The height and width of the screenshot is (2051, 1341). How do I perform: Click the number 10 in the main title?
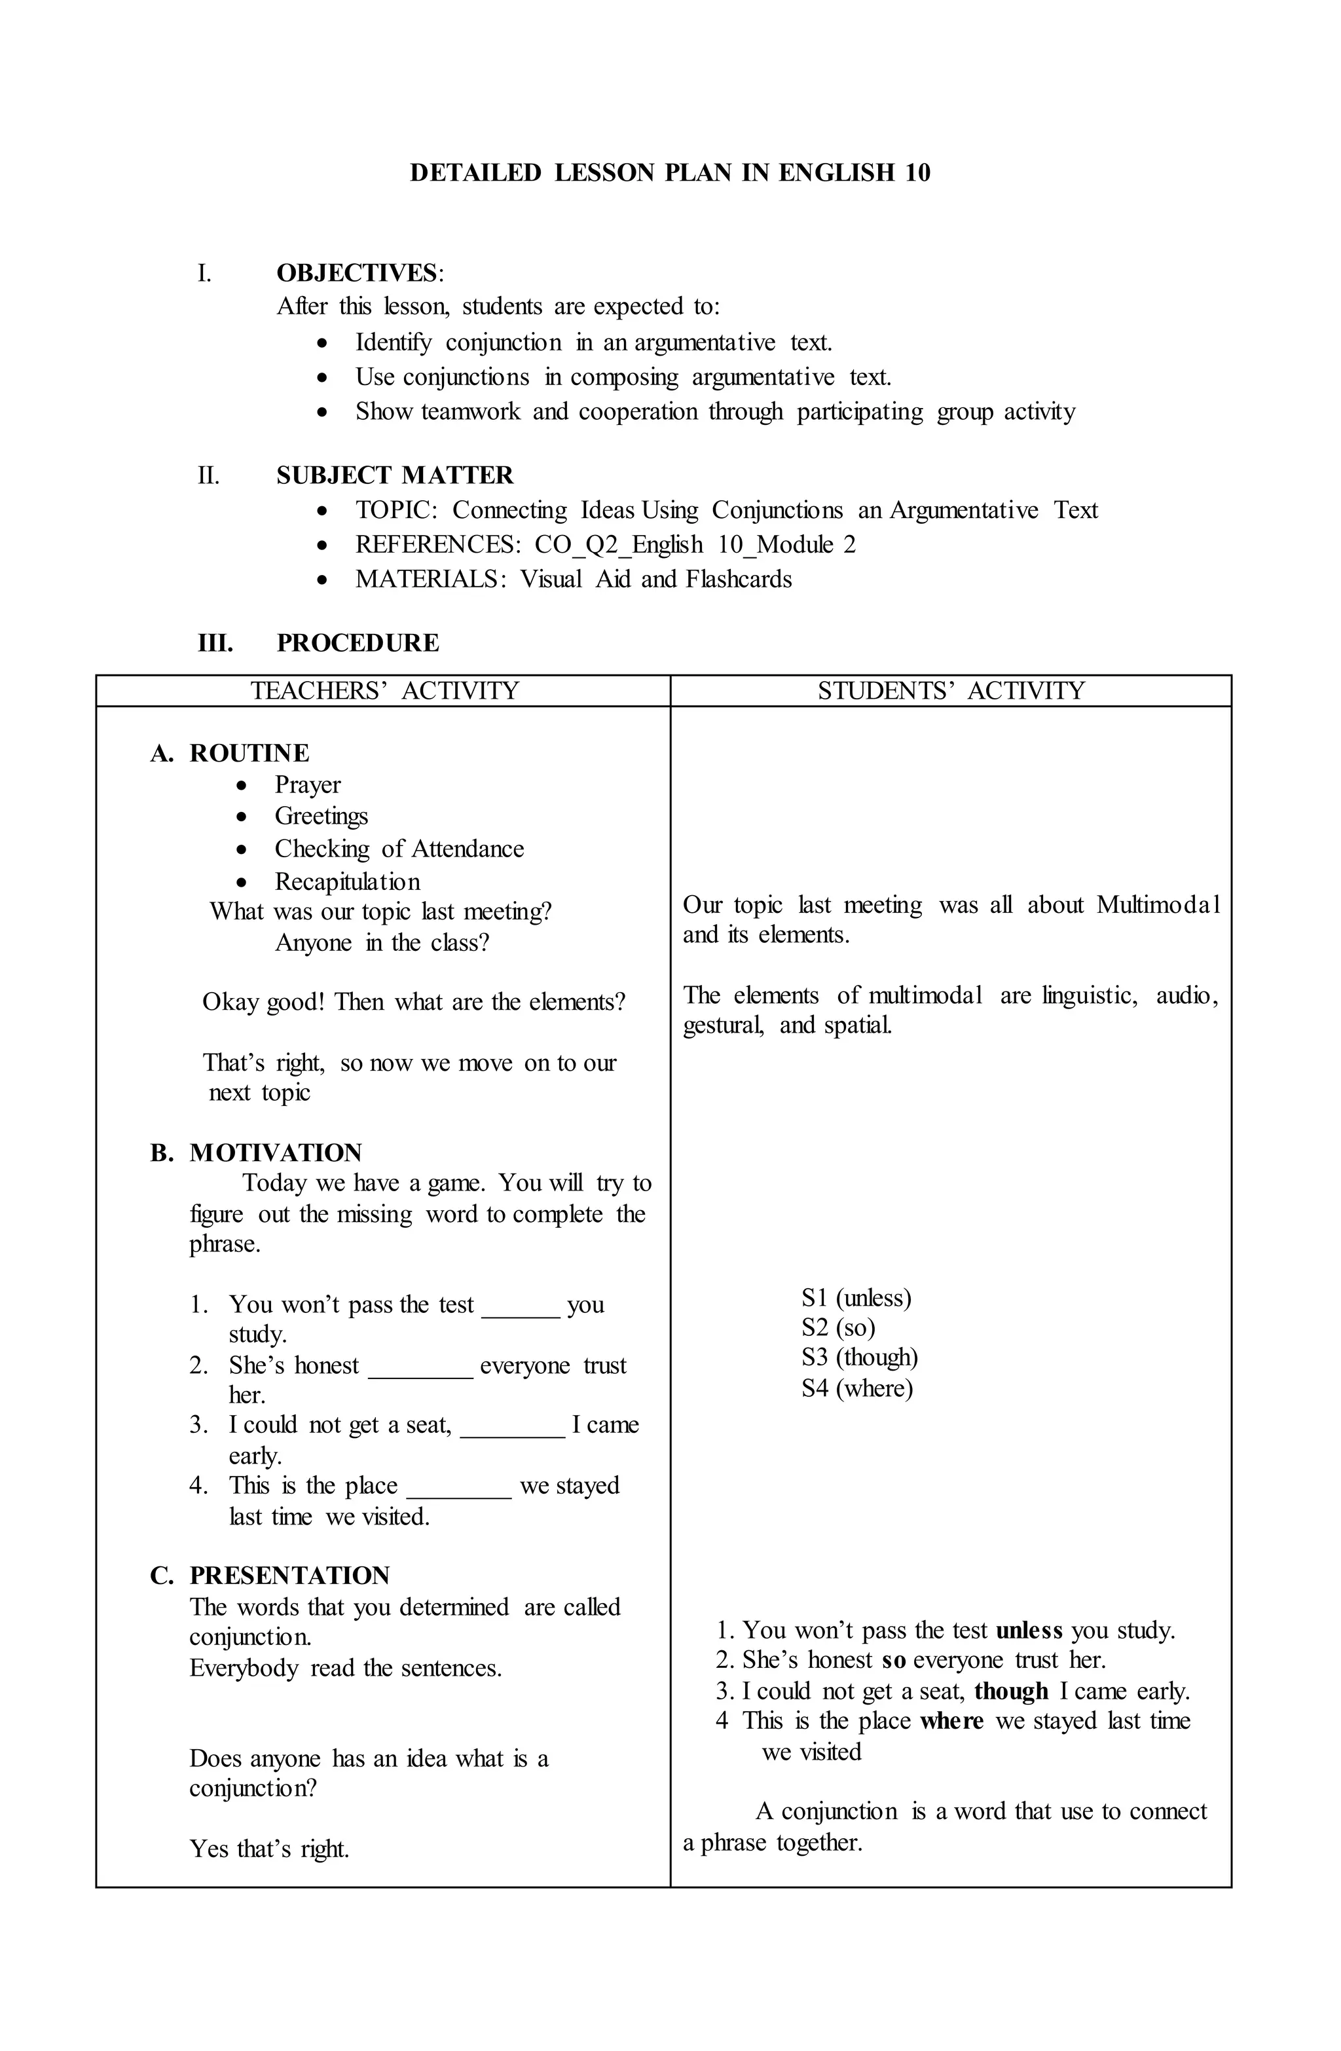[917, 174]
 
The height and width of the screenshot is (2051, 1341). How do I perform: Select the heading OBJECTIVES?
[357, 273]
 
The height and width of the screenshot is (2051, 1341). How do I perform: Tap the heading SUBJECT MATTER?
[395, 475]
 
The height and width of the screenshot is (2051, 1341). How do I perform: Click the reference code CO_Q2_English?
[618, 545]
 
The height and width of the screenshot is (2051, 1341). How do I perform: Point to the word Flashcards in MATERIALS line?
[739, 579]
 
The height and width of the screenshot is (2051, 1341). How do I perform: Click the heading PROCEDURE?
[358, 643]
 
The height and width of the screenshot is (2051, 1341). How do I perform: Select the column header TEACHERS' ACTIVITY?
[384, 691]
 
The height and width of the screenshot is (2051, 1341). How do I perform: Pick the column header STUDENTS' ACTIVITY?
[951, 691]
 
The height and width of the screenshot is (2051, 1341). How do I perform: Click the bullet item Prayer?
[308, 785]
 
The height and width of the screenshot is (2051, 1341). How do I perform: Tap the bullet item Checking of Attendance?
[399, 849]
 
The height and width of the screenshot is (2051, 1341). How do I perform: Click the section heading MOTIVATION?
[276, 1153]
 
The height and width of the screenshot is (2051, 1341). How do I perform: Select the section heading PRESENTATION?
[289, 1576]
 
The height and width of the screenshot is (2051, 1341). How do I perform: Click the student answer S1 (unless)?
[856, 1298]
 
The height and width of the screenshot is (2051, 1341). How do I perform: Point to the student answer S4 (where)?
[856, 1388]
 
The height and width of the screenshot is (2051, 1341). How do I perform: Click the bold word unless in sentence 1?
[1029, 1631]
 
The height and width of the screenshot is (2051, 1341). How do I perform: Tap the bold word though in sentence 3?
[1011, 1691]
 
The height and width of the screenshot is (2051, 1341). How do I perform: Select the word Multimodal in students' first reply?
[1158, 905]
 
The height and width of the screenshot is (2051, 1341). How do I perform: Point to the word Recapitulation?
[347, 881]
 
